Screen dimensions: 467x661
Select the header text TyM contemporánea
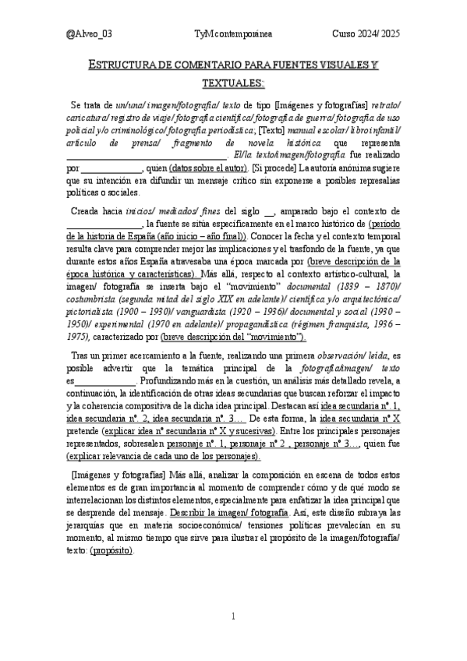click(x=233, y=34)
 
